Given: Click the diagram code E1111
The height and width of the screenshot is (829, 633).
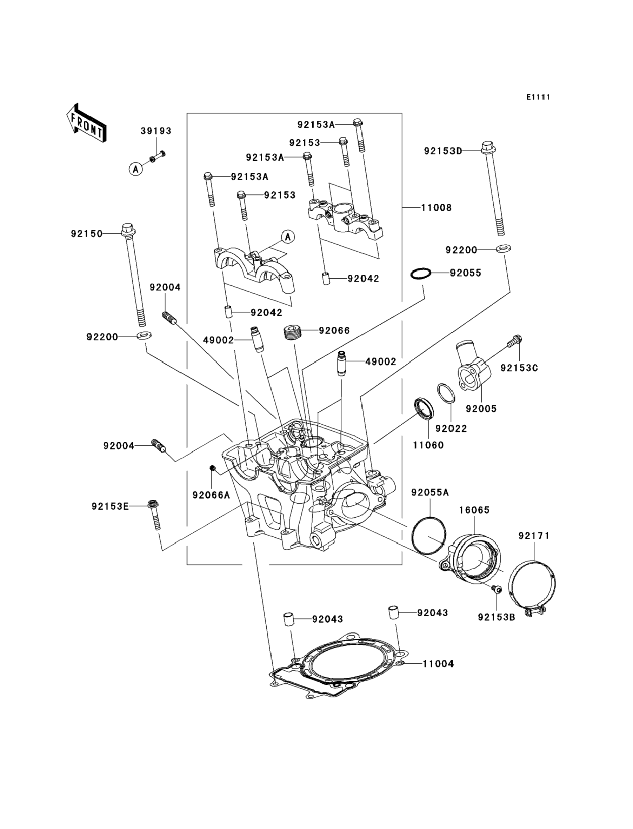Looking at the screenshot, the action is (x=538, y=97).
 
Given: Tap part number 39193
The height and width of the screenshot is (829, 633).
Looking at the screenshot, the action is (x=156, y=131).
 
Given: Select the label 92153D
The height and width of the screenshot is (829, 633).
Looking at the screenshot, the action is (x=443, y=151).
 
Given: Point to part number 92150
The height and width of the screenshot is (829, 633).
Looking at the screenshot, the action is (x=87, y=234).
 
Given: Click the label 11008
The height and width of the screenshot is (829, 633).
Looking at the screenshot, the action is (x=436, y=208).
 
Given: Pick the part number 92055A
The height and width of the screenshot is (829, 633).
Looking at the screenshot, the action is (x=430, y=492).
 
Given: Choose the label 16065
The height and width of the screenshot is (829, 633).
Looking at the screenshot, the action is (x=474, y=510).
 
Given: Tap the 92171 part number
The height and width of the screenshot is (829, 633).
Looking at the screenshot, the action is (x=534, y=536).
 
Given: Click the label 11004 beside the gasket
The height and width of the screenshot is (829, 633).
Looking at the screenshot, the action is (x=438, y=664).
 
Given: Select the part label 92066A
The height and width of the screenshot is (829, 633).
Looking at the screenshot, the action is (x=211, y=495).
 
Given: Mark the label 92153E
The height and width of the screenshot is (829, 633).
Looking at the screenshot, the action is (x=110, y=506).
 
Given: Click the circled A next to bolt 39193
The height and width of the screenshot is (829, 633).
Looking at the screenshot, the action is (x=136, y=169).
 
